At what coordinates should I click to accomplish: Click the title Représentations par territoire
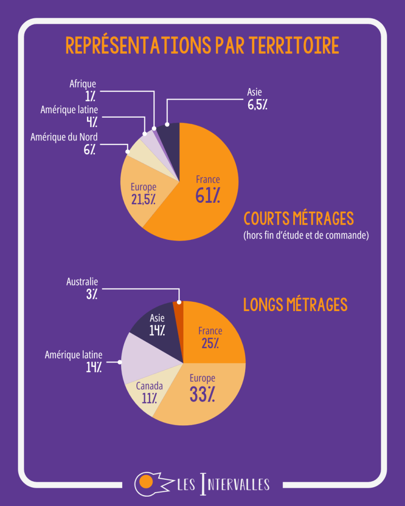tap(202, 45)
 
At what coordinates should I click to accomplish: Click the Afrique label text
tap(83, 84)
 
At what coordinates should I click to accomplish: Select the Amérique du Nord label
tap(64, 137)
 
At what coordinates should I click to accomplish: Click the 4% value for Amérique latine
tap(91, 122)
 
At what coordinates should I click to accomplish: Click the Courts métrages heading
tap(299, 218)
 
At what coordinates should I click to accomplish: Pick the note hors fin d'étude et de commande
tap(306, 235)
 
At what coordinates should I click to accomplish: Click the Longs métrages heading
tap(295, 305)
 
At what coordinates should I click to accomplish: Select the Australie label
tap(82, 282)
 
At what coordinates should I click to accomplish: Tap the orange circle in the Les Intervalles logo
tap(145, 481)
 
